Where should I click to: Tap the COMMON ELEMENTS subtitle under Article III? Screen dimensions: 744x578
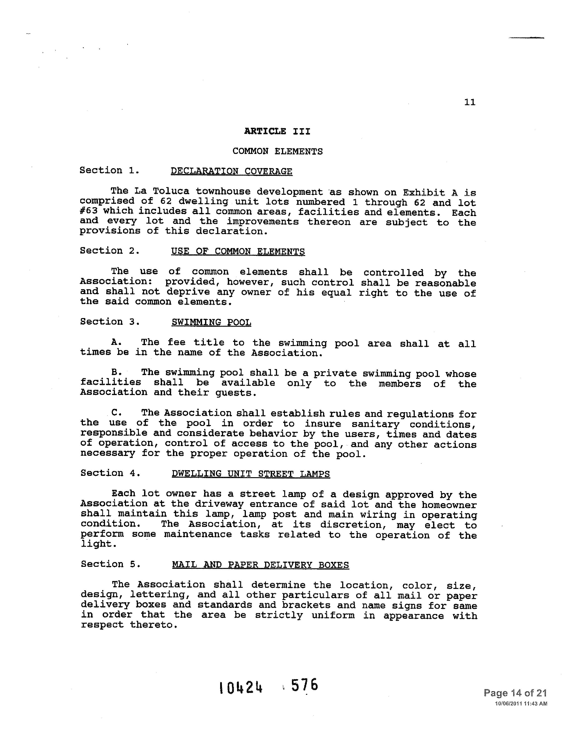click(277, 151)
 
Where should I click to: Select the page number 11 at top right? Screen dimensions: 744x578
click(470, 102)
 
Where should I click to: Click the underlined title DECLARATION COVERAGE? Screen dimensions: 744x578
click(231, 171)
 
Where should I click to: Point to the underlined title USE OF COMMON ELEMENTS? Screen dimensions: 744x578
click(238, 251)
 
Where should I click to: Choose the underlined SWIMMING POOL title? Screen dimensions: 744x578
click(211, 322)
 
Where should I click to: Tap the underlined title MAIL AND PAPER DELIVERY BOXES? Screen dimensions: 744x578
click(260, 565)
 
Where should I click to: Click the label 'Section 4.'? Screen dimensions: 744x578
click(110, 473)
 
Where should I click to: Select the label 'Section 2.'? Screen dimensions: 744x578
click(110, 251)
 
